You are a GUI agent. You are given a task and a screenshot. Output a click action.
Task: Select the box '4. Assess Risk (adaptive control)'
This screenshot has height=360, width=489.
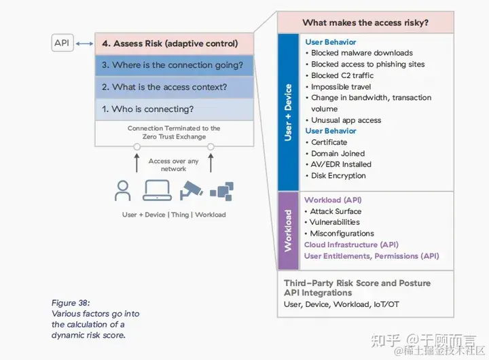pos(175,44)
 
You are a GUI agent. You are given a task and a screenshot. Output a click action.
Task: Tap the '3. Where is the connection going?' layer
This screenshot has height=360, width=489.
pos(175,65)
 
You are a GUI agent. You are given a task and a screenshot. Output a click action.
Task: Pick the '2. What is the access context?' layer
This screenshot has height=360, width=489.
pos(175,87)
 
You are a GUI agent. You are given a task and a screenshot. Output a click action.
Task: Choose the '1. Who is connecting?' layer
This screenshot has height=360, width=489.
pos(175,109)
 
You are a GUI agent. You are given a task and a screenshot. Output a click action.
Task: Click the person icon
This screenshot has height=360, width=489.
pos(123,191)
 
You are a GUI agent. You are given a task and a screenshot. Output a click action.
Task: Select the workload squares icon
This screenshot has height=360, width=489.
pos(222,191)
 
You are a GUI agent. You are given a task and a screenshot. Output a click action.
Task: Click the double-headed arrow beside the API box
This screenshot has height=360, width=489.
pos(85,44)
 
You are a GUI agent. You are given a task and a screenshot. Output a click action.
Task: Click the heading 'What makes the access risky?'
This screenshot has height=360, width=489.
pos(365,23)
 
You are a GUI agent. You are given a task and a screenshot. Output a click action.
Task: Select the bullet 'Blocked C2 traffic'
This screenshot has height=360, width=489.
pos(343,75)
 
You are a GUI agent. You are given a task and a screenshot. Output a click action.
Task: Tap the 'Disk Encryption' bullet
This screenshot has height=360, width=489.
pos(338,175)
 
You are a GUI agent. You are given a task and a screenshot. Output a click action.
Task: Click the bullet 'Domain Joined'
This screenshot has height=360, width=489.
pos(338,153)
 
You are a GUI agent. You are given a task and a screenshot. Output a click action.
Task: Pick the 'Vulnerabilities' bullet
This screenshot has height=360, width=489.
pos(335,222)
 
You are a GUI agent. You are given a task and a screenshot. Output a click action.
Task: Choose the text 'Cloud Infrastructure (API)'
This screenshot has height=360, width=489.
pos(351,245)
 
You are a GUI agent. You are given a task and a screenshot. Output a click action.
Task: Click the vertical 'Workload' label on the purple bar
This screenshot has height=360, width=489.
pos(288,230)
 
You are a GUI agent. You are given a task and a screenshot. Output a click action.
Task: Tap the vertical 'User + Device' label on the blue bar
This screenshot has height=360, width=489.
pos(288,112)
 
